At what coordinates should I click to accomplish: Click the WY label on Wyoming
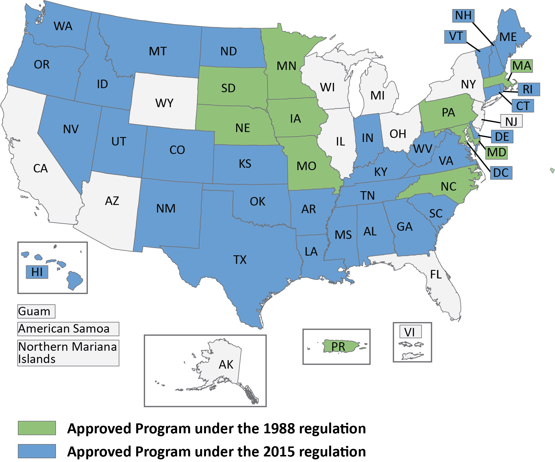click(x=164, y=103)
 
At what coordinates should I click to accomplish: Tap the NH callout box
click(x=463, y=16)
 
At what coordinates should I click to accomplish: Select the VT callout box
click(x=455, y=37)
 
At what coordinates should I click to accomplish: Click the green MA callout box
click(x=522, y=66)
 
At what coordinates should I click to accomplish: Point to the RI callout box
click(x=528, y=89)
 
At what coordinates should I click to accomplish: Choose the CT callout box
click(x=523, y=106)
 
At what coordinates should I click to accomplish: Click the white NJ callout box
click(x=511, y=121)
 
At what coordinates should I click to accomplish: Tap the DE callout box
click(x=502, y=137)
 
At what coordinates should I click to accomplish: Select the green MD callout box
click(x=496, y=153)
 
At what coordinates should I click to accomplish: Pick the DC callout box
click(x=501, y=173)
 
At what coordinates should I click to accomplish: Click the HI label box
click(x=37, y=272)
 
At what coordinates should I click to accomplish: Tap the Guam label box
click(x=36, y=311)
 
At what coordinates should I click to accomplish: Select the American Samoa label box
click(x=68, y=329)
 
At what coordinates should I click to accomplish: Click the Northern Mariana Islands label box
click(x=68, y=353)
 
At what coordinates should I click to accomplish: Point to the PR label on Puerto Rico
click(x=338, y=347)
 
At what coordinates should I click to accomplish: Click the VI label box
click(x=410, y=332)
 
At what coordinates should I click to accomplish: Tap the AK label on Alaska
click(x=226, y=365)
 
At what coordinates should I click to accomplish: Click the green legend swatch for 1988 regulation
click(x=37, y=428)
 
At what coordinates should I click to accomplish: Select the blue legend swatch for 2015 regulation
click(x=37, y=451)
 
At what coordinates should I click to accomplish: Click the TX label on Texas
click(x=240, y=260)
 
